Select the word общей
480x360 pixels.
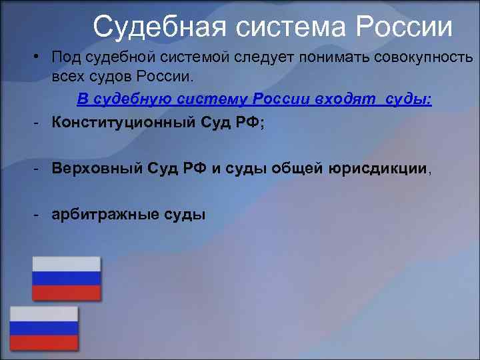(x=297, y=169)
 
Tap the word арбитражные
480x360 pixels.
(x=105, y=214)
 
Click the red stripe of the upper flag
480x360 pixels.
(x=67, y=293)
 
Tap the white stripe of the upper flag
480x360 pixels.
(x=67, y=264)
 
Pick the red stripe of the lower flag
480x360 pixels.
(x=44, y=343)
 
